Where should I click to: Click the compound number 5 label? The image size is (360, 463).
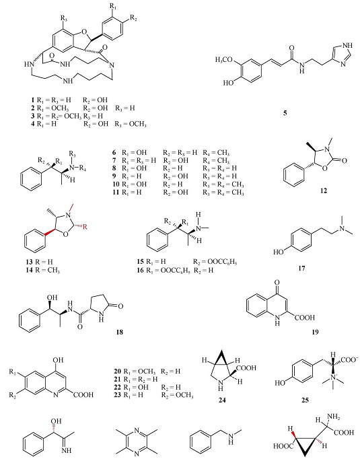[285, 113]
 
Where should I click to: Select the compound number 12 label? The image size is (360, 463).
[324, 190]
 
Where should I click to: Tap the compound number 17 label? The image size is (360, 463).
[301, 269]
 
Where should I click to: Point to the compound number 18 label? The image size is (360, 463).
[119, 332]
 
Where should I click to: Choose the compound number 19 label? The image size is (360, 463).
[315, 332]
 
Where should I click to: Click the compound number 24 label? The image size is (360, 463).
[222, 400]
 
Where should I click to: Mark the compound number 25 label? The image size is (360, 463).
[305, 400]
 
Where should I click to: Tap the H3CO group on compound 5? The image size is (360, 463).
[224, 60]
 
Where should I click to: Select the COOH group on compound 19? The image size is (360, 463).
[305, 318]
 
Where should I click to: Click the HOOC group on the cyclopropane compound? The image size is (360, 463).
[283, 446]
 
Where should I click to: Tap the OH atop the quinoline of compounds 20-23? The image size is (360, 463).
[58, 360]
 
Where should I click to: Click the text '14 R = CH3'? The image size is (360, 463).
[43, 270]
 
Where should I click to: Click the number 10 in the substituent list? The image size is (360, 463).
[116, 184]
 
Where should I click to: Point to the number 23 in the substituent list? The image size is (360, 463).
[117, 395]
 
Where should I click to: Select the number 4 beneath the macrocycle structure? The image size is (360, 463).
[33, 124]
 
